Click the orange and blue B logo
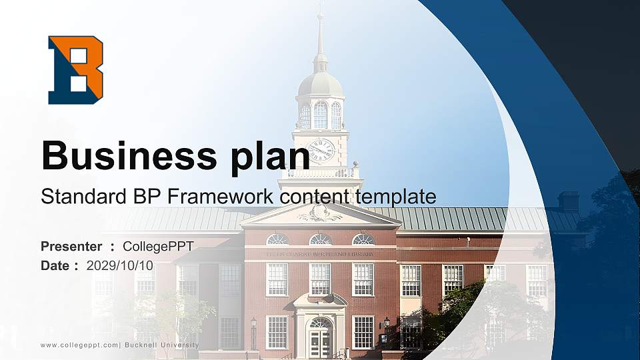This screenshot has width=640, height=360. tap(75, 70)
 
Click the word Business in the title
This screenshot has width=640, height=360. tap(125, 156)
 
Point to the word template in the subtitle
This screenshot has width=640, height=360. tap(396, 197)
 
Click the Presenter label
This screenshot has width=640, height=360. tap(71, 247)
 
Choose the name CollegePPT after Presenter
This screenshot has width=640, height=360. tap(158, 247)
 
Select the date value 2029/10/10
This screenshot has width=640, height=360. tap(120, 265)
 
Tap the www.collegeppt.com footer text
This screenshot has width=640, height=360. tap(79, 345)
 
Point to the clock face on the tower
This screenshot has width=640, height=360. tap(321, 150)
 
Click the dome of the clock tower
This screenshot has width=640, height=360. tap(320, 84)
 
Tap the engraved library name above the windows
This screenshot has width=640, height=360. tap(320, 254)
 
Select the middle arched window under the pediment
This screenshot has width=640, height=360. tap(320, 239)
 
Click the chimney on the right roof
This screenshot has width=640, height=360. tap(568, 201)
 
